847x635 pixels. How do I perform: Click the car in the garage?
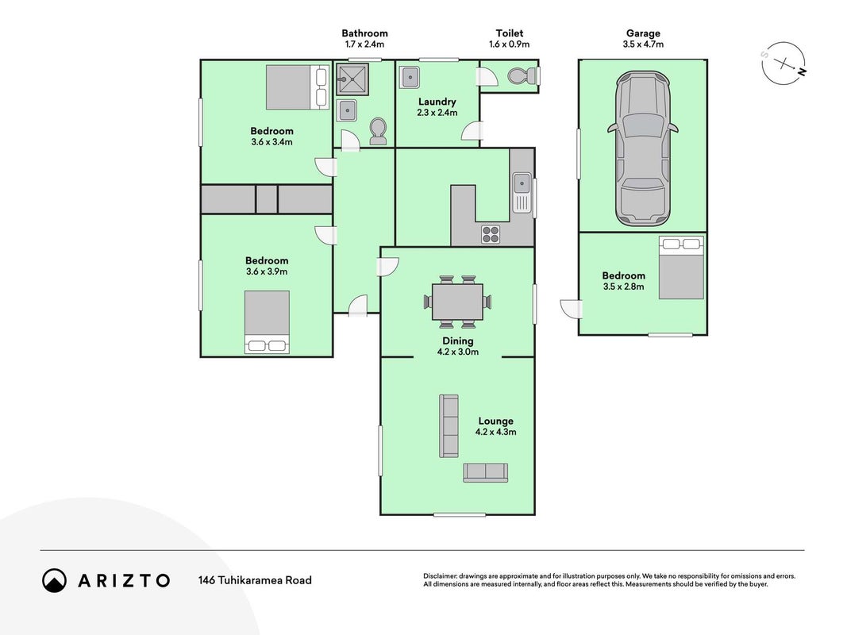click(642, 148)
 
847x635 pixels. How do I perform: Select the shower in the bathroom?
click(352, 79)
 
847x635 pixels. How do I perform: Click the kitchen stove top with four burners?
click(491, 234)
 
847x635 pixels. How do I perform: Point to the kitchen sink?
click(522, 191)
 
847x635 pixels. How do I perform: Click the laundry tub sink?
click(410, 77)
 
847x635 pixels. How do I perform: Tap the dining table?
click(457, 302)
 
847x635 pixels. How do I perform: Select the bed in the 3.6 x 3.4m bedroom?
click(297, 87)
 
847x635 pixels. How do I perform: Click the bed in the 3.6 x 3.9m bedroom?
click(267, 322)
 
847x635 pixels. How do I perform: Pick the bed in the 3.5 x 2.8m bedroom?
click(681, 267)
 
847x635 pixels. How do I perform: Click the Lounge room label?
click(496, 421)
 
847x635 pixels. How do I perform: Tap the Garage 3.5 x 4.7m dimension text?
click(643, 44)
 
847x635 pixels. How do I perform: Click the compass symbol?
click(783, 63)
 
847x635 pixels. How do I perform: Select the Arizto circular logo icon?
click(55, 580)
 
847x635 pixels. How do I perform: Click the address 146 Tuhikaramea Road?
click(255, 580)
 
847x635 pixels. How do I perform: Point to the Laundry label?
click(437, 102)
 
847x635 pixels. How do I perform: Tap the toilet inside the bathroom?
click(378, 131)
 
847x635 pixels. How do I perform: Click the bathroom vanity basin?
click(346, 110)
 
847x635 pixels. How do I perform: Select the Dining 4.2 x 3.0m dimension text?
click(457, 352)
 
